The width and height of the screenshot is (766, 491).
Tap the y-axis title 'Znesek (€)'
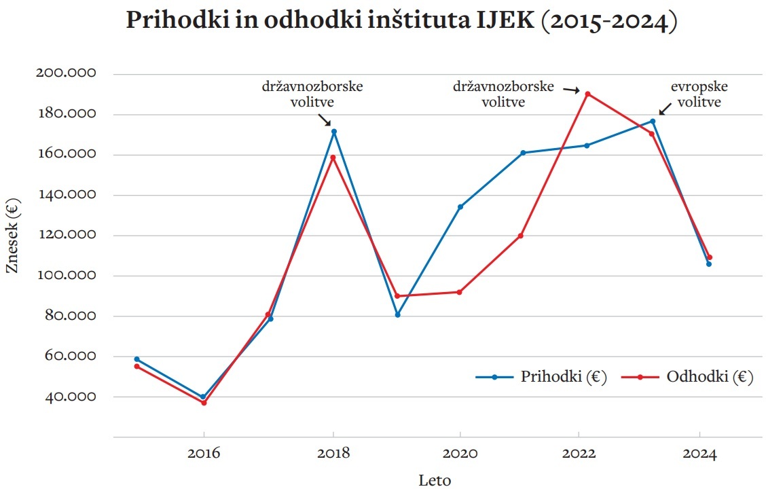pyautogui.click(x=12, y=236)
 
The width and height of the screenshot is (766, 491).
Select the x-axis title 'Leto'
pyautogui.click(x=435, y=480)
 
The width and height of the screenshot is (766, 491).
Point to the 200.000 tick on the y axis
pyautogui.click(x=66, y=73)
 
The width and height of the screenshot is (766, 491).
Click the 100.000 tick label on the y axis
pyautogui.click(x=66, y=276)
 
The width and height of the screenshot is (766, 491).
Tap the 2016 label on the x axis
pyautogui.click(x=203, y=454)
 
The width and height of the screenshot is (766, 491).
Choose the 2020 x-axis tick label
pyautogui.click(x=460, y=454)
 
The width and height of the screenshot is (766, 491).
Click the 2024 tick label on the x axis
pyautogui.click(x=699, y=454)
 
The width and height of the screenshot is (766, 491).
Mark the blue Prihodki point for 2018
pyautogui.click(x=333, y=132)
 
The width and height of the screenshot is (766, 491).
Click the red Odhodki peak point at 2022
pyautogui.click(x=588, y=94)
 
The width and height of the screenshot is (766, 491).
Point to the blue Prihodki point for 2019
pyautogui.click(x=397, y=314)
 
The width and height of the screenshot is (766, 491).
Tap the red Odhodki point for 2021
pyautogui.click(x=521, y=236)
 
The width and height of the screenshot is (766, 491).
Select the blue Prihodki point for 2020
pyautogui.click(x=460, y=206)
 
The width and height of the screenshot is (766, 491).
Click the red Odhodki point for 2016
pyautogui.click(x=203, y=403)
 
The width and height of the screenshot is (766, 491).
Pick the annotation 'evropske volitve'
pyautogui.click(x=696, y=95)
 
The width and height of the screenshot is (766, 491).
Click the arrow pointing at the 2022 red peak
pyautogui.click(x=570, y=89)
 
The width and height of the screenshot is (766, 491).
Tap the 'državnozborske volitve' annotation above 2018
pyautogui.click(x=313, y=95)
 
